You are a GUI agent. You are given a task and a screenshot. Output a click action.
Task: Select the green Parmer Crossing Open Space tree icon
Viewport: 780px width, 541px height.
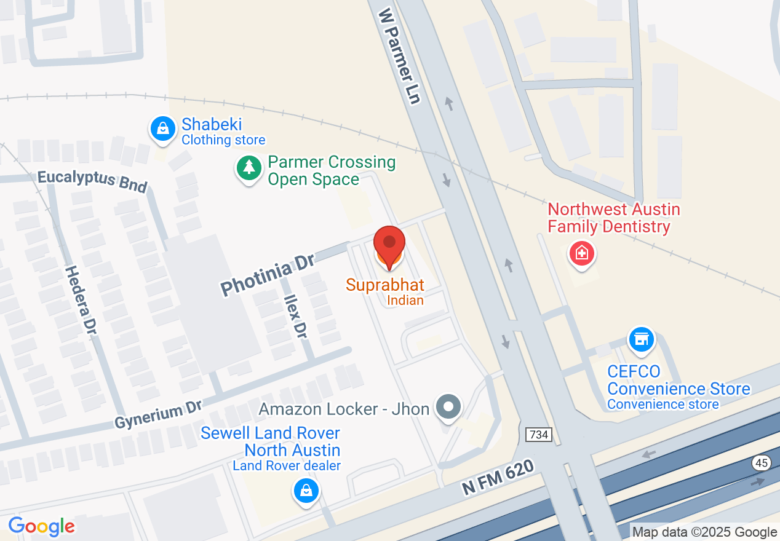point(249,167)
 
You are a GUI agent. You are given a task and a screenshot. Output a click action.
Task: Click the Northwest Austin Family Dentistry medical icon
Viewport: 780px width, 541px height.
point(582,253)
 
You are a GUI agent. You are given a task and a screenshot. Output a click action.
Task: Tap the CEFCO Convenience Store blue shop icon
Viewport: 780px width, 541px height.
point(641,339)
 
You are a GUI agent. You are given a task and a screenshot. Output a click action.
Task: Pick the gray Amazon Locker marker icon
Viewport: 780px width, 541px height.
point(448,407)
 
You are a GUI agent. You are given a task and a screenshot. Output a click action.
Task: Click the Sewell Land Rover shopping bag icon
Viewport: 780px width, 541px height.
point(305,491)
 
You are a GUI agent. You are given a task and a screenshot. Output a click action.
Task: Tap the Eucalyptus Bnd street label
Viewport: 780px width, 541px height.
point(92,181)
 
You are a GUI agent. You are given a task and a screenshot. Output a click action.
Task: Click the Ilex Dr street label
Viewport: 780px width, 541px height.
point(296,315)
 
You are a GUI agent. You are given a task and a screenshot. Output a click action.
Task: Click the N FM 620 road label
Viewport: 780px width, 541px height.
point(499,478)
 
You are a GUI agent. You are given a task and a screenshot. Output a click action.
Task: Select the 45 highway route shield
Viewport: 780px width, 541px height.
point(762,463)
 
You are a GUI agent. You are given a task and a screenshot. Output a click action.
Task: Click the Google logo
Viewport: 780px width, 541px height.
point(41,526)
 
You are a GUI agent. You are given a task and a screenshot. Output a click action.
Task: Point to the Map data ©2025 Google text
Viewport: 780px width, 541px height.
point(704,532)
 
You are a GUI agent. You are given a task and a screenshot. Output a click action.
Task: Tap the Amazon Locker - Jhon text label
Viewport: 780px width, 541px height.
point(344,408)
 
